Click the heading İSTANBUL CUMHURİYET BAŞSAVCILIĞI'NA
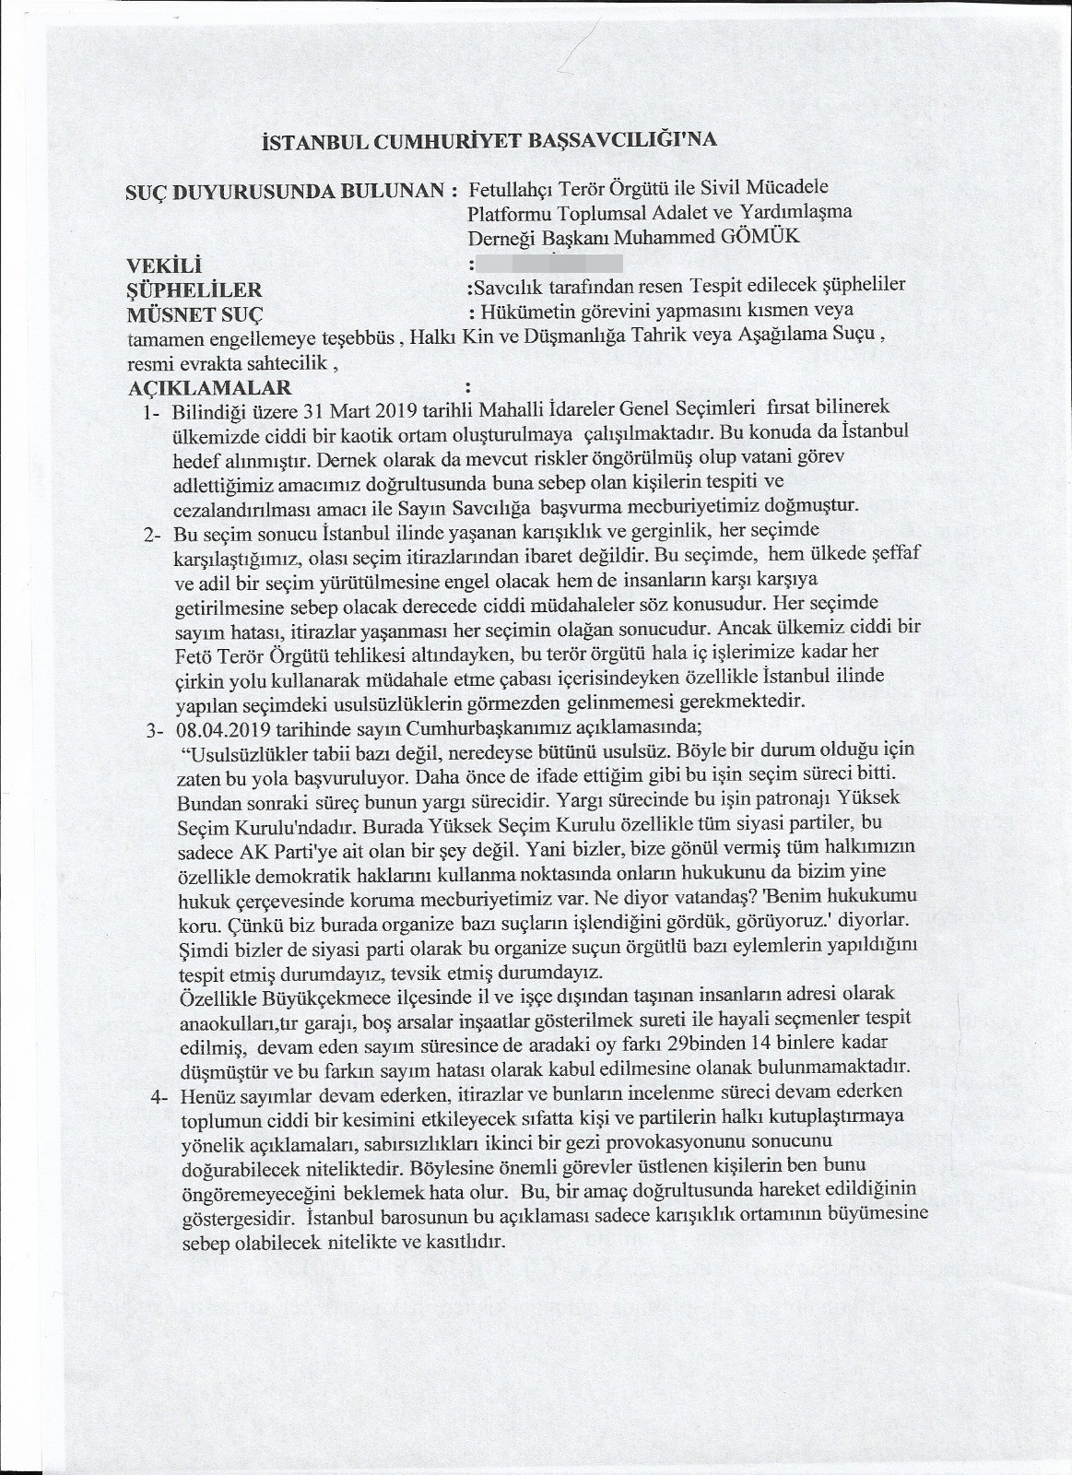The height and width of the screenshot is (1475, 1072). (x=489, y=141)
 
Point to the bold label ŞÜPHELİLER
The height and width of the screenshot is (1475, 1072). (x=194, y=289)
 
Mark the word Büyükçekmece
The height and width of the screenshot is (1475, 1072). (x=290, y=994)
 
